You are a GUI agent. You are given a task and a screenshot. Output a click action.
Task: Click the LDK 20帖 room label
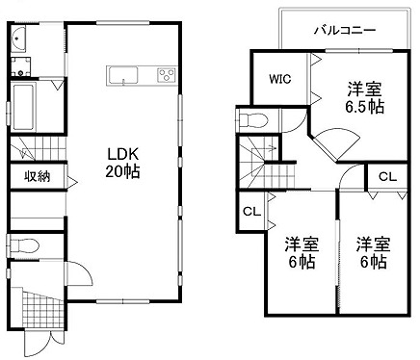122,163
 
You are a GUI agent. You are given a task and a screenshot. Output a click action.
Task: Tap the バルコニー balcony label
345,31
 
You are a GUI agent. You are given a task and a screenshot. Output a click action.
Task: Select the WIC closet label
280,79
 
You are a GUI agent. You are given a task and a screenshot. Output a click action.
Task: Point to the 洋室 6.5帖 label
365,98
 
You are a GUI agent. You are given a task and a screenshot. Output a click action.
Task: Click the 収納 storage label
38,177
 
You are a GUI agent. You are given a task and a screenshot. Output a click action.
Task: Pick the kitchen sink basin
123,76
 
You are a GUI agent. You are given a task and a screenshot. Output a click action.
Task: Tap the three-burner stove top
167,76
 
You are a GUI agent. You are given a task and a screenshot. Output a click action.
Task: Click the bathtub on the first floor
22,107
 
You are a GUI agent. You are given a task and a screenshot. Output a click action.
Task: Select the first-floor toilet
24,246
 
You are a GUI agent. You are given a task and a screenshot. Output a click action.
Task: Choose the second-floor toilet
253,120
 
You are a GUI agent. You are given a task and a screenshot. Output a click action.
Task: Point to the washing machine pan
21,66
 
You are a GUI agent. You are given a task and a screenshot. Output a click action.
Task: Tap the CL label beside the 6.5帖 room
387,177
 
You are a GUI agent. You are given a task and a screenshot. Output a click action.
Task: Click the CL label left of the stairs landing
251,212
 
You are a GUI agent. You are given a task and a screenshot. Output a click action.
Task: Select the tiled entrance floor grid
42,308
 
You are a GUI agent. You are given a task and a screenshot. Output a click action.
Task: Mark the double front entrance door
44,343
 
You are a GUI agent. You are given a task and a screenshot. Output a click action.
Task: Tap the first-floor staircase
39,148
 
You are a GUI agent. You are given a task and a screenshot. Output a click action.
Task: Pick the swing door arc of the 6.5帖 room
337,141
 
